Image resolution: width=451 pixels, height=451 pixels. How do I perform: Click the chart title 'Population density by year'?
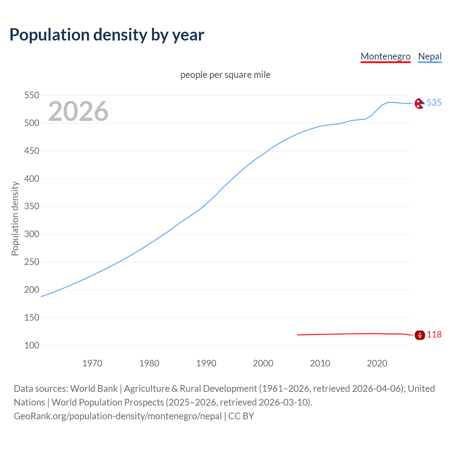107,35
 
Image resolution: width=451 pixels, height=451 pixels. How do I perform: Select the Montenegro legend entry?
385,56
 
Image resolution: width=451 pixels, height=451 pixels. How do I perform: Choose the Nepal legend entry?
430,56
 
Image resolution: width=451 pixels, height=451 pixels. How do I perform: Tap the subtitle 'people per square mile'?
225,75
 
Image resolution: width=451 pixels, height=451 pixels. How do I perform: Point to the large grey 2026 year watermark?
78,111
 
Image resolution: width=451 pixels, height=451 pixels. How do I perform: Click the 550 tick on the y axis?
31,95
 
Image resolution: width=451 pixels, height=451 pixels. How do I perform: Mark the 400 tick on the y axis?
31,179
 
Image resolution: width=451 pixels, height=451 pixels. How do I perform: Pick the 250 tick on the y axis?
31,262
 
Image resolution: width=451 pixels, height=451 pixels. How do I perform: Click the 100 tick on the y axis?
31,345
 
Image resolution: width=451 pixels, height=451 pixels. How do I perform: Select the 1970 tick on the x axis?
92,363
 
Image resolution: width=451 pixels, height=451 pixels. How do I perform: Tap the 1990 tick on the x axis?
206,363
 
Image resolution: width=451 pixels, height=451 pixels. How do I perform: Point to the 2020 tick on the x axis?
377,363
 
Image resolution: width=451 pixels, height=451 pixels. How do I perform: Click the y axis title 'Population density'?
15,218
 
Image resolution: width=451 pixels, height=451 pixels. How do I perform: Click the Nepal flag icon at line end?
419,103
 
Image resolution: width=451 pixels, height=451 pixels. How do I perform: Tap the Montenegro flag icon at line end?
419,335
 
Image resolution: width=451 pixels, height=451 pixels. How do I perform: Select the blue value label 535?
434,103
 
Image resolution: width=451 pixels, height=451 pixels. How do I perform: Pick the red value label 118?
434,335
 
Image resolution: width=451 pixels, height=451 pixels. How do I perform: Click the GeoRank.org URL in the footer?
118,416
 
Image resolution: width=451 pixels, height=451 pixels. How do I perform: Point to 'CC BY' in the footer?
241,416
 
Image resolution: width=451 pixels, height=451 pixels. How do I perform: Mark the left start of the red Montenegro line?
298,335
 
